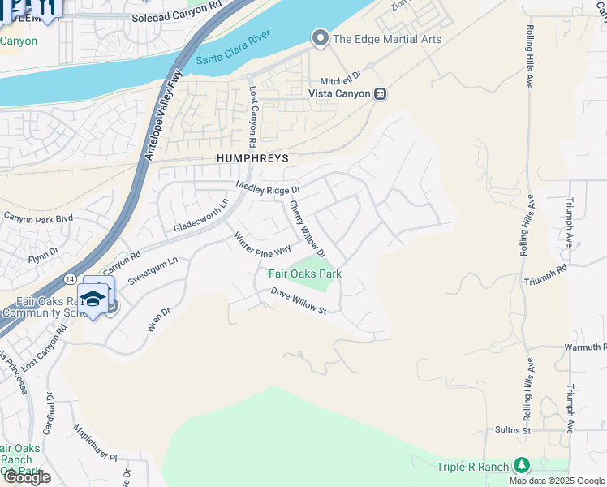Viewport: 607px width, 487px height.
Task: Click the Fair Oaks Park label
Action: [x=305, y=274]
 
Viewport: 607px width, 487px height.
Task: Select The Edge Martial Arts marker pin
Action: [x=321, y=38]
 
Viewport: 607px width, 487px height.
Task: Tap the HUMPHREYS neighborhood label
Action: [x=252, y=158]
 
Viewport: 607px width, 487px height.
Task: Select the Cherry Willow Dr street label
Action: [x=308, y=230]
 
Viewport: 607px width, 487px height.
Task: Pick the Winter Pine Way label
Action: [x=262, y=244]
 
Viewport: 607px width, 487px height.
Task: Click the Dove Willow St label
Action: [x=298, y=301]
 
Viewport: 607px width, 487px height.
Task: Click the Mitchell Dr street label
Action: [x=340, y=80]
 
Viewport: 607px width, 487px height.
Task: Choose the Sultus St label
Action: [x=514, y=429]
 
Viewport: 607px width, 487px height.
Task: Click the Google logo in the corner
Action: [x=27, y=477]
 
